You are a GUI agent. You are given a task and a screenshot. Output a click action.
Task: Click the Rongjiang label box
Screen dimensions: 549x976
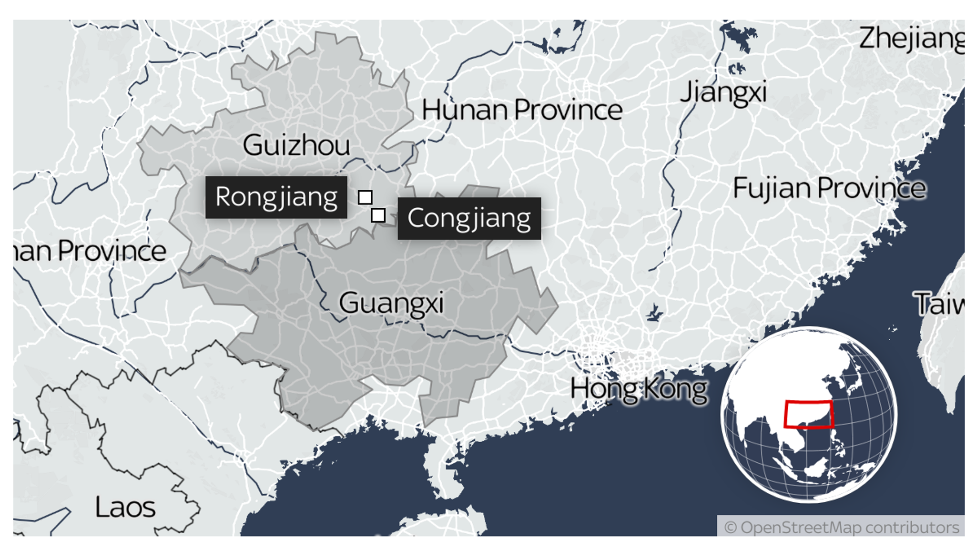pos(276,197)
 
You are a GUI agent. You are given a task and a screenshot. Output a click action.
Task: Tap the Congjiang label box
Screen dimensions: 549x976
pos(469,218)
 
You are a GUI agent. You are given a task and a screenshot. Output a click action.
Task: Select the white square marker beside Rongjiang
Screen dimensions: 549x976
pos(365,197)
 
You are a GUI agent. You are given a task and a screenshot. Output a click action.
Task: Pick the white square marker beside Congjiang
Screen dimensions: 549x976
pos(378,215)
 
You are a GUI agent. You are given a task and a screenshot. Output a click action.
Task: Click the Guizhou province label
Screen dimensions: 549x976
pos(296,145)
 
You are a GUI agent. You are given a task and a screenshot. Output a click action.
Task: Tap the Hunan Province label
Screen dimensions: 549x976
pos(522,110)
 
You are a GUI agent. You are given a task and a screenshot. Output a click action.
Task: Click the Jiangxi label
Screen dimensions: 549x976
pos(723,92)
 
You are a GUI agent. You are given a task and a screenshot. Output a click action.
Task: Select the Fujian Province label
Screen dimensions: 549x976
pos(829,188)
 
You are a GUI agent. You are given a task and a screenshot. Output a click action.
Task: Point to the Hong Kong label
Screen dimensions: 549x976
pos(639,389)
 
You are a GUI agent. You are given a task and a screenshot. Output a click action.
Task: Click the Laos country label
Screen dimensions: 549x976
pos(125,507)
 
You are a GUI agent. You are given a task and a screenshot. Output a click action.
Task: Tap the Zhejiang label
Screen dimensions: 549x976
pos(911,39)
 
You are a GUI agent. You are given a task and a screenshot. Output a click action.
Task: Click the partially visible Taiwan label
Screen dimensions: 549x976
pos(939,304)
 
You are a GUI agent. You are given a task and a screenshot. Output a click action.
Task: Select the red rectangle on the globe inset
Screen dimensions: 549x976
pos(809,414)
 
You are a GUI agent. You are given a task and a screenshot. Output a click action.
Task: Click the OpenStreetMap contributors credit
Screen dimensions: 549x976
pos(841,528)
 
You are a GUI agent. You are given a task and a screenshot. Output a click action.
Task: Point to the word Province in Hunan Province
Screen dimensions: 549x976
pos(568,110)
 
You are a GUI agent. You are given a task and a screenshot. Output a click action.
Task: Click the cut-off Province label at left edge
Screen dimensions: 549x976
pos(90,251)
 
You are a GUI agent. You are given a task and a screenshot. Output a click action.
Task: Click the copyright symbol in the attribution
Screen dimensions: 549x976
pos(730,528)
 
